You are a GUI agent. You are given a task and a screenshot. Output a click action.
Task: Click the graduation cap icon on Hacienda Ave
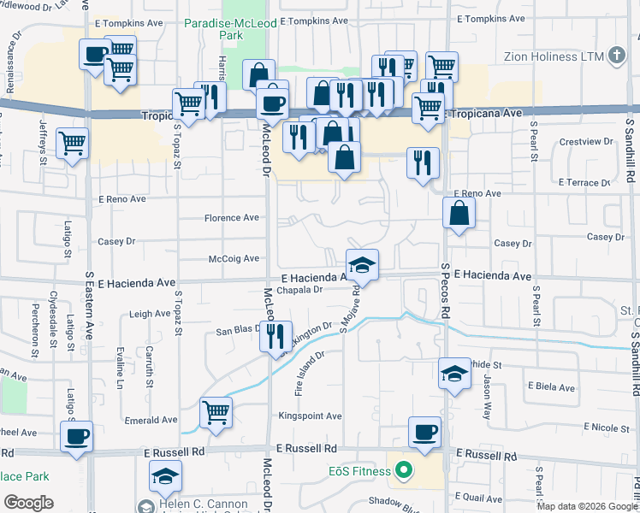(x=362, y=264)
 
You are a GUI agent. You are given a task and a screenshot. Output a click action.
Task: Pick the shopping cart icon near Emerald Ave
(x=216, y=412)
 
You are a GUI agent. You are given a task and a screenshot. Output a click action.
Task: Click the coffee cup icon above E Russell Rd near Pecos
(x=424, y=432)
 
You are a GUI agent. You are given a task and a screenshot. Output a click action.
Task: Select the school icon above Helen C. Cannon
(x=165, y=475)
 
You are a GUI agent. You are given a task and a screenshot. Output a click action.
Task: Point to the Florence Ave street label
(x=231, y=218)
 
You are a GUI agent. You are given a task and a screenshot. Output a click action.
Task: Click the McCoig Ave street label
(x=234, y=258)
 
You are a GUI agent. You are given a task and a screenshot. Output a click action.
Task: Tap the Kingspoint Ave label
(x=310, y=416)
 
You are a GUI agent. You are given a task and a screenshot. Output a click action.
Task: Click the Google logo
(x=28, y=503)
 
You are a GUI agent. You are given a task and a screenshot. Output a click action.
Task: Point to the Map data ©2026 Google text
(x=586, y=506)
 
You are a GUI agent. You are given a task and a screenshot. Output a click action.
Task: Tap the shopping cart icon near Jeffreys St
(x=73, y=143)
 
